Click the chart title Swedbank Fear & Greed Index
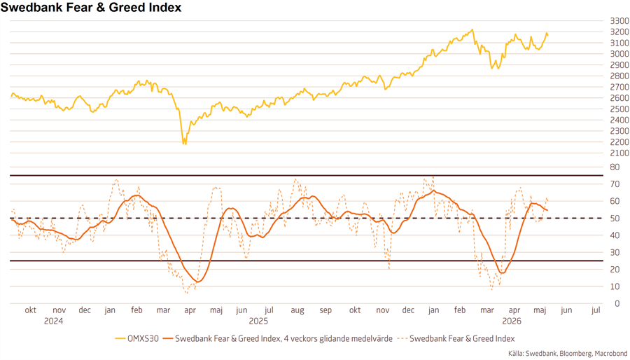point(91,7)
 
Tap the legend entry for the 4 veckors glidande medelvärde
point(278,339)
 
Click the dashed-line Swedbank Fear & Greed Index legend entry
point(456,339)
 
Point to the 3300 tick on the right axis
point(619,20)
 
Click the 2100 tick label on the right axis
point(619,153)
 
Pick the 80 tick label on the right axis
point(615,167)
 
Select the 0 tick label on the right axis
point(612,303)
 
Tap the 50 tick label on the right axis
point(615,218)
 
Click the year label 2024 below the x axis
point(53,321)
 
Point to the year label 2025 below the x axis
point(258,321)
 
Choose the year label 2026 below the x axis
point(512,321)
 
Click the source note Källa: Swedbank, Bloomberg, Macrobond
point(567,354)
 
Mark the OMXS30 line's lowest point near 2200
point(184,144)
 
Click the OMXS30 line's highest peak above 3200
point(472,29)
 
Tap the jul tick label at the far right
point(596,310)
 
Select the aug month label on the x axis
point(297,311)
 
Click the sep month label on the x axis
point(325,311)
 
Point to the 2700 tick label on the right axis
point(619,87)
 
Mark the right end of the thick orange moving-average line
point(547,210)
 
